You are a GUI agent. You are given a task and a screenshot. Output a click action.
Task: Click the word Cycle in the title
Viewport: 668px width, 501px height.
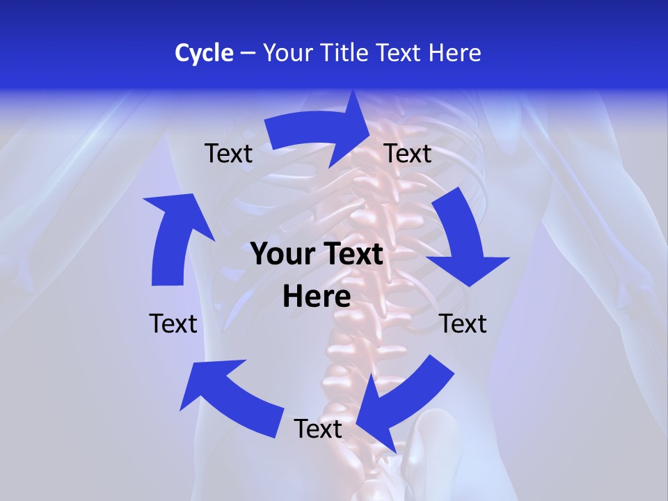(204, 53)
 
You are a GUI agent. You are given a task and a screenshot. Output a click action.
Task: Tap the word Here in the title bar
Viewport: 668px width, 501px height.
(455, 53)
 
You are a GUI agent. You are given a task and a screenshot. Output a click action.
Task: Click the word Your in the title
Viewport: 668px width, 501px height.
(288, 53)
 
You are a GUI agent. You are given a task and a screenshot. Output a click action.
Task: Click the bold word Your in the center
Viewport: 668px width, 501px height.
(279, 255)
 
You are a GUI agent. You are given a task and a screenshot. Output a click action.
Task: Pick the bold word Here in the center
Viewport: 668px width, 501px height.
(317, 297)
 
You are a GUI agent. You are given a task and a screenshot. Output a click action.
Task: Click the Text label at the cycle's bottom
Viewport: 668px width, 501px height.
(318, 429)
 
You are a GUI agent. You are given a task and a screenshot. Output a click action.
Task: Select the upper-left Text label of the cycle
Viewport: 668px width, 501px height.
(229, 154)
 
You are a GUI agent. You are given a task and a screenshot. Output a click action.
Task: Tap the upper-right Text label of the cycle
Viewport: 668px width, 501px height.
(408, 154)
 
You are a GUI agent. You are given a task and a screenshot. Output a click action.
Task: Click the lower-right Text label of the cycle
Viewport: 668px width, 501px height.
(463, 324)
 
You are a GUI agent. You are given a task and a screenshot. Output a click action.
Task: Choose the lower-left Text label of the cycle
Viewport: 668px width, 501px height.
(173, 324)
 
